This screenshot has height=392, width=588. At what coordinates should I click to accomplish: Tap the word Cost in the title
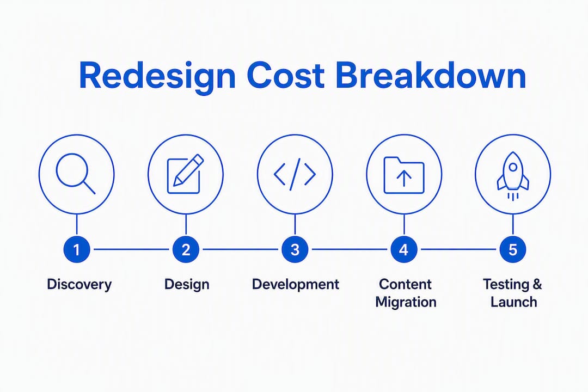coord(286,76)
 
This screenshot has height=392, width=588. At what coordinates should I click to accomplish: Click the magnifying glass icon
coord(76,174)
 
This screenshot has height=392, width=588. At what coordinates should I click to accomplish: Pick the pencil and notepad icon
coord(185,174)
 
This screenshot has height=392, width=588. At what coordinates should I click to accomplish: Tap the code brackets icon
coord(295,174)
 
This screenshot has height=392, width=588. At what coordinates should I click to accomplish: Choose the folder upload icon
coord(404,175)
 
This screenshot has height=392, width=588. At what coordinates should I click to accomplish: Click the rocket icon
coord(513,176)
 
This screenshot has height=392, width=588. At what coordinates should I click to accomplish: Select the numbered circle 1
coord(77,249)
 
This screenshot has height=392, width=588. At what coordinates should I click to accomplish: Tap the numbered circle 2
coord(186,249)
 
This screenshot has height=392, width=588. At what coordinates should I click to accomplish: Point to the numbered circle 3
coord(295,249)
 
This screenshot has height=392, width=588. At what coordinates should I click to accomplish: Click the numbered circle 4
coord(404,249)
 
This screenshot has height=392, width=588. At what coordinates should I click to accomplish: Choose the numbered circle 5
coord(513,249)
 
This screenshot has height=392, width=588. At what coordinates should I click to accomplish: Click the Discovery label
coord(79,285)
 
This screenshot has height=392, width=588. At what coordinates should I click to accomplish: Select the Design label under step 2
coord(187,285)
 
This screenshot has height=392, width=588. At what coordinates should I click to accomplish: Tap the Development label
coord(296,285)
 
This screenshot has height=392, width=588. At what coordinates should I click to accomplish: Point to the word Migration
coord(406,302)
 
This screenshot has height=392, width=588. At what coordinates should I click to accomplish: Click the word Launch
coord(514,302)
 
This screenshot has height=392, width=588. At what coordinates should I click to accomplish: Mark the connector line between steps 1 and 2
coord(131,249)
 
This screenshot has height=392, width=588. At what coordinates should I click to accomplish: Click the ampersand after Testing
coord(537,284)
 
